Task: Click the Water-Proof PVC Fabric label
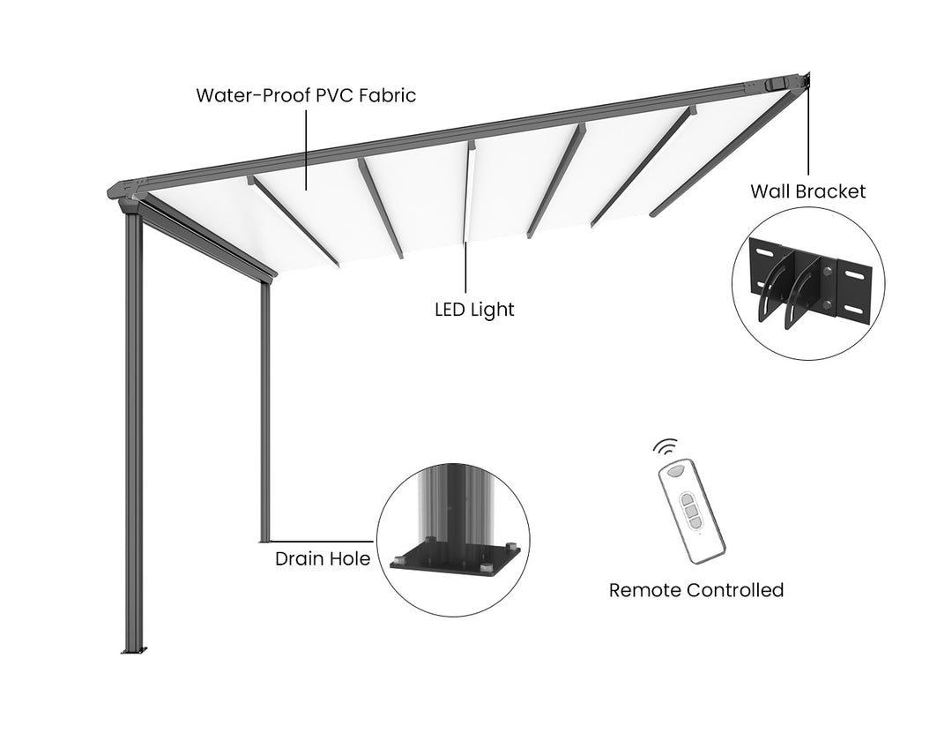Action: [x=305, y=95]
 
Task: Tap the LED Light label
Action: [x=474, y=310]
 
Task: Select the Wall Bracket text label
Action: [x=807, y=191]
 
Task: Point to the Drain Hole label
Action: [x=323, y=558]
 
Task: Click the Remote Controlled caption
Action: [x=695, y=590]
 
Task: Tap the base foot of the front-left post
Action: [x=134, y=651]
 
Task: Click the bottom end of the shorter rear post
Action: [x=264, y=538]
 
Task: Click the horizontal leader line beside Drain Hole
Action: [x=323, y=541]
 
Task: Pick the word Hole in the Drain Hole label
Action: [x=350, y=558]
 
